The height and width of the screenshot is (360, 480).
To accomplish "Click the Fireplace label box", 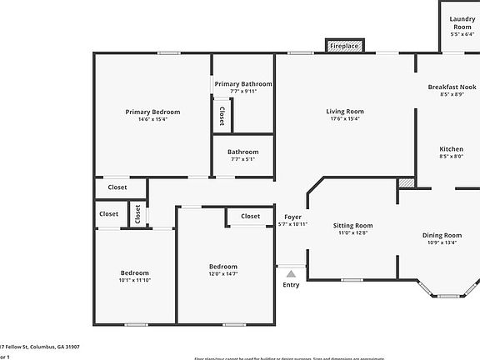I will [x=343, y=46].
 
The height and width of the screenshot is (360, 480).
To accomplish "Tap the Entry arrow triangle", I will [x=291, y=272].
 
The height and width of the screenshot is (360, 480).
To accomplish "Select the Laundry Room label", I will [x=462, y=22].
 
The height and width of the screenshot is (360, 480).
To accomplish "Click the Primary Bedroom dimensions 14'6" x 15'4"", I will [x=152, y=119].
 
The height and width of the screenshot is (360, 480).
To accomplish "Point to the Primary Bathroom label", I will [x=243, y=84].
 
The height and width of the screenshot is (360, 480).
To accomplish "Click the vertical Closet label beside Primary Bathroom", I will [x=222, y=114].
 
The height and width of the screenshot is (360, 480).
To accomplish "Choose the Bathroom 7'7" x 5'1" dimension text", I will [x=243, y=159].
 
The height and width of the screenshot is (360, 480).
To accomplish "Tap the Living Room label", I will [x=345, y=112].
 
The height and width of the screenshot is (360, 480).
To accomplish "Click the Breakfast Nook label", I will [x=452, y=87].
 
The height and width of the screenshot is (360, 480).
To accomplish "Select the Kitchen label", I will [x=452, y=149].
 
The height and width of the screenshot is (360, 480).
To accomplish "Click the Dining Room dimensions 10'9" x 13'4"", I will [x=442, y=243].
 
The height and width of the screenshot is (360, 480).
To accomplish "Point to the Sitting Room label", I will [x=353, y=225].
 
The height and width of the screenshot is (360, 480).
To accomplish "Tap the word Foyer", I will [x=292, y=217].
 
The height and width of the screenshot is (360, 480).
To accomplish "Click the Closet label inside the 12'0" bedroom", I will [x=250, y=216].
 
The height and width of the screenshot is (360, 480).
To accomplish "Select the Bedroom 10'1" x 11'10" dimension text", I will [x=134, y=280].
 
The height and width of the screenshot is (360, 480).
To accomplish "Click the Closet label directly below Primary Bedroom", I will [x=117, y=187].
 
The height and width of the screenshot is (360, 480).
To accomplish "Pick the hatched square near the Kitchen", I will [x=407, y=182].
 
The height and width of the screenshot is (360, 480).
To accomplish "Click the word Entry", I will [x=291, y=285].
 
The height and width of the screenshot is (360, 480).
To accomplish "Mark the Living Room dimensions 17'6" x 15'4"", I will [x=345, y=118].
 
